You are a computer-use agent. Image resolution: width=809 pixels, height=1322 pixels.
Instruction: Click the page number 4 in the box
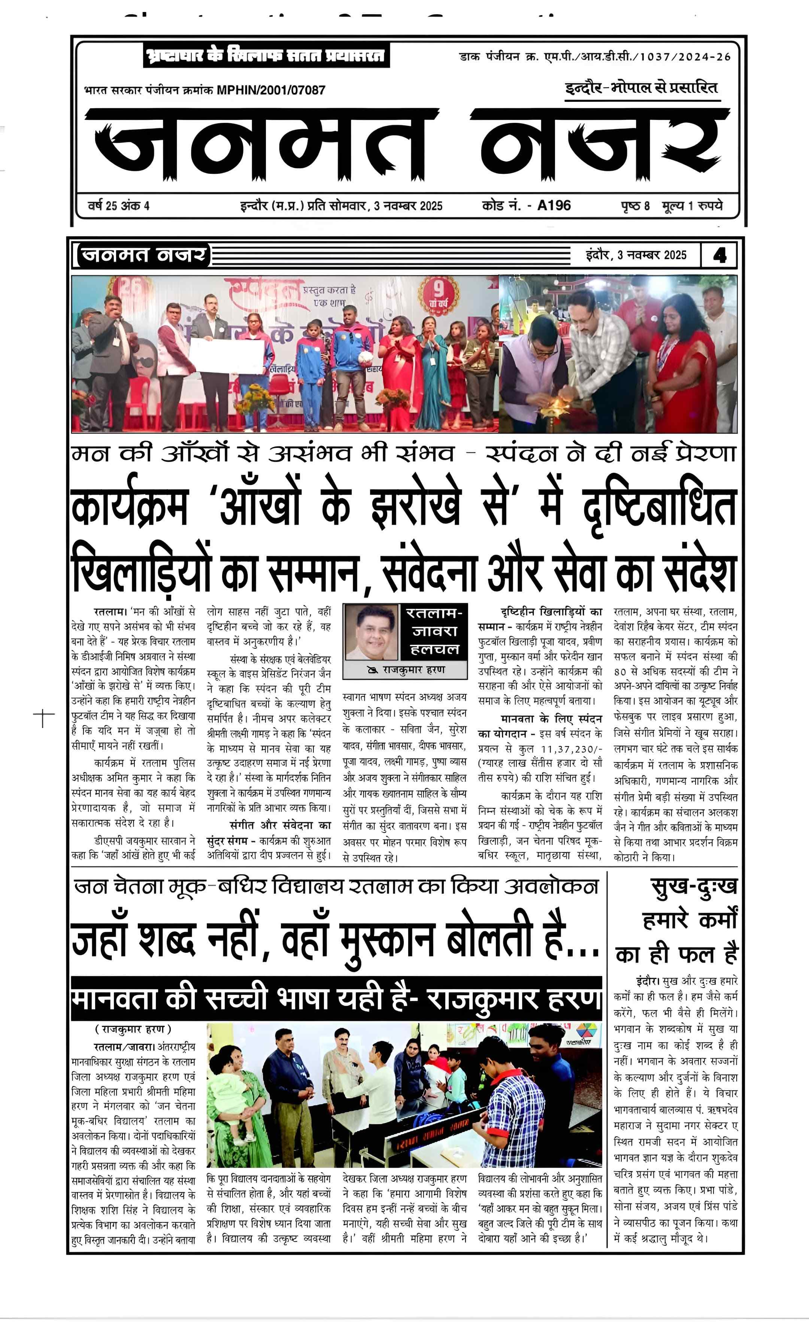(x=720, y=255)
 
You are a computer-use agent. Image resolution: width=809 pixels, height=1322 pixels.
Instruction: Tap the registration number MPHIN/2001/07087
(x=271, y=90)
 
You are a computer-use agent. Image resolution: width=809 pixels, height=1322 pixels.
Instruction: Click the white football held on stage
(x=366, y=358)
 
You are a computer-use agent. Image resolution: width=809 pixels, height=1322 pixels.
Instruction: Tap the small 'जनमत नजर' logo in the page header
(x=143, y=255)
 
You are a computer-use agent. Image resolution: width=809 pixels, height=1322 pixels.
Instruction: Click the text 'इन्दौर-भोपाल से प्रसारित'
(x=641, y=88)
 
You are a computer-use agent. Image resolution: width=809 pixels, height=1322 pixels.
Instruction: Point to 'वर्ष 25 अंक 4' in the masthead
(x=119, y=206)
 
